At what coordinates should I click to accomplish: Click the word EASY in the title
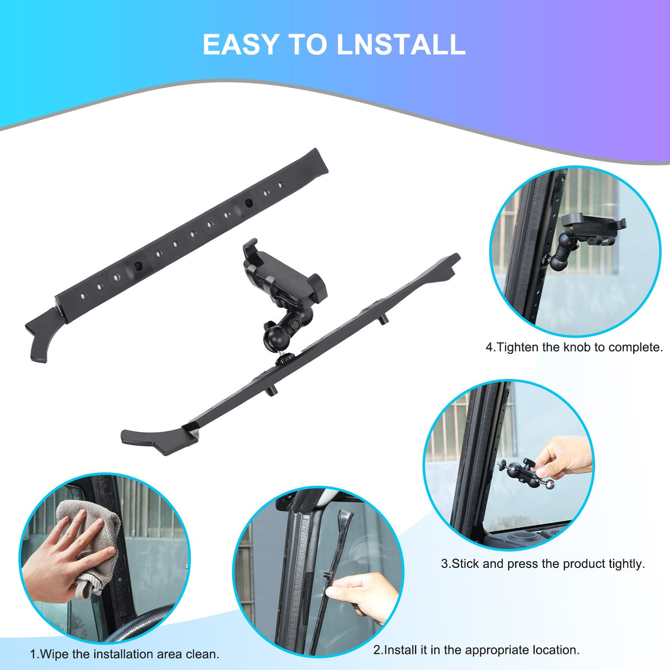tap(241, 44)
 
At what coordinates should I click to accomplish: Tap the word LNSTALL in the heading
tap(401, 44)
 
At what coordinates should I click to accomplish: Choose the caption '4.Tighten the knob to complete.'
tap(575, 347)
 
